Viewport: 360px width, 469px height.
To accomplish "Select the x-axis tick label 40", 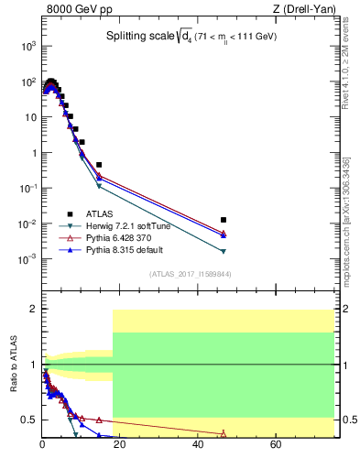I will pos(198,446).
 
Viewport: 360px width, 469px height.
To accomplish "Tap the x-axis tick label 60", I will pos(276,446).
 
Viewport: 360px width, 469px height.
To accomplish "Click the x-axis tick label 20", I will pos(120,446).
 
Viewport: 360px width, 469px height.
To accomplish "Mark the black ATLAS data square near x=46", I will pos(224,220).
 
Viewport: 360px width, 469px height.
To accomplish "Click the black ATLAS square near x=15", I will pos(99,165).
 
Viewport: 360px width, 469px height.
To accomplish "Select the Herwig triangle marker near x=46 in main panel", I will pos(224,251).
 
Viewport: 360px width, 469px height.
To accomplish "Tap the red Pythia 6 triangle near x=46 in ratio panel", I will pos(224,434).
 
